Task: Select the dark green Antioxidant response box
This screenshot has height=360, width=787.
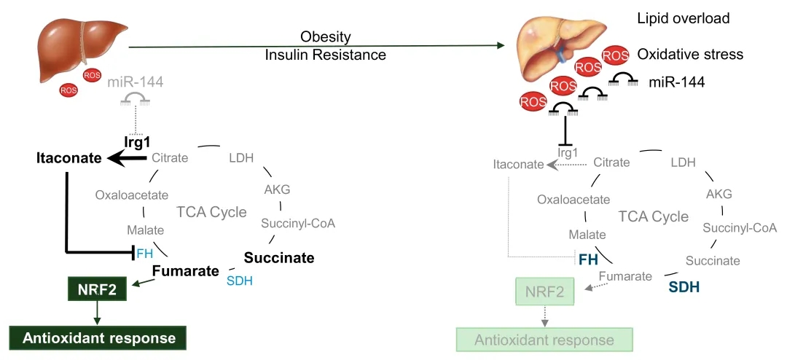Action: [x=98, y=337]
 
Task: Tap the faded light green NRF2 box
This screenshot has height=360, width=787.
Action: [x=544, y=293]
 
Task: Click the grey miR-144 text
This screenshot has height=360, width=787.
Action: [x=135, y=82]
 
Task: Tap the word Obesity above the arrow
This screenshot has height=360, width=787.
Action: [x=326, y=37]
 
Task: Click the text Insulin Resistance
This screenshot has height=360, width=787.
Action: [x=326, y=55]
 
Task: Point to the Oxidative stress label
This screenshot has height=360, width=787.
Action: [x=689, y=54]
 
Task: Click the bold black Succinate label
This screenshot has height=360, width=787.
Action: [x=279, y=258]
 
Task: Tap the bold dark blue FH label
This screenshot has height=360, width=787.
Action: [x=588, y=259]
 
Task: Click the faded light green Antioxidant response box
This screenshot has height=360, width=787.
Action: [x=544, y=340]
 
